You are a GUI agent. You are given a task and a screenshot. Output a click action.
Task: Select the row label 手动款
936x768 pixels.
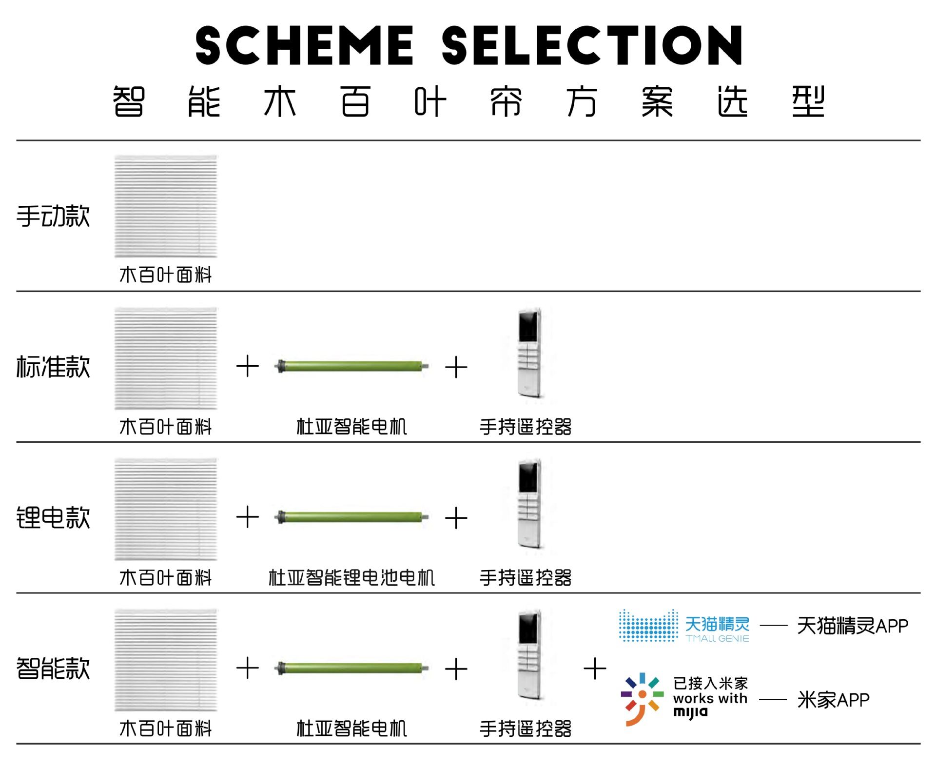pos(53,216)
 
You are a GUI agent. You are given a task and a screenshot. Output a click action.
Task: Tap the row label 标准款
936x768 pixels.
pos(53,367)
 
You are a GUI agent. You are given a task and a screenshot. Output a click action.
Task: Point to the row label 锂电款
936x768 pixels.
pos(53,517)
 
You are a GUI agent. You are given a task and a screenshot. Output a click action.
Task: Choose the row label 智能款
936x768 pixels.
pos(53,668)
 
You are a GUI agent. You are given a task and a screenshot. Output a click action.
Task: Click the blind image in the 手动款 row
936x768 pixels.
pos(166,206)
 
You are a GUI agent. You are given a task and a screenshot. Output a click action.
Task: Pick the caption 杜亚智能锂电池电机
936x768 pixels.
pos(351,578)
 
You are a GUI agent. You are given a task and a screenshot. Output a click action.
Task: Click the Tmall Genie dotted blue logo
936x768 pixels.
pos(648,626)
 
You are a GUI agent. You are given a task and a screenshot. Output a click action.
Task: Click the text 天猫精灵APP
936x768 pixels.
pos(852,626)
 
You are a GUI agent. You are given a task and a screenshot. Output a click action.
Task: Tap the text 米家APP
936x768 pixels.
pos(833,700)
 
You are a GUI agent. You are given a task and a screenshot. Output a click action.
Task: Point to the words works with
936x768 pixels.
pos(710,698)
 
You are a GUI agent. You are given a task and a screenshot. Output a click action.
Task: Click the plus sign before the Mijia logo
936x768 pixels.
pos(595,668)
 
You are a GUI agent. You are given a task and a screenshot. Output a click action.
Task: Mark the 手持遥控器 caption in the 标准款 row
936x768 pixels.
pos(526,427)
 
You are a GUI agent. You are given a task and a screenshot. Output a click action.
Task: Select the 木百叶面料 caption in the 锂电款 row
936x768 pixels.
pos(166,578)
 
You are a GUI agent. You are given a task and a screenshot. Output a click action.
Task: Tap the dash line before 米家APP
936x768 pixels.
pos(773,700)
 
